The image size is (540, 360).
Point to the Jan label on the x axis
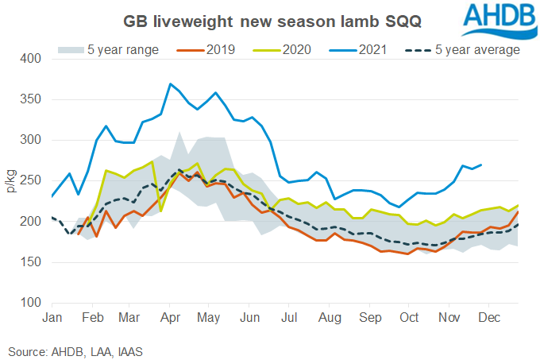(x=52, y=318)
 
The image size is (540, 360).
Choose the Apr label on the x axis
(x=168, y=318)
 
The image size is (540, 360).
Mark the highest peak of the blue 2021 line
(x=170, y=83)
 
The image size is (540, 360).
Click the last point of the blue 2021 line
(x=482, y=165)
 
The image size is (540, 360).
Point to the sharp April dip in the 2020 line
(x=161, y=211)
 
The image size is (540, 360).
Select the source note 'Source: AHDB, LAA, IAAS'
(x=70, y=348)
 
